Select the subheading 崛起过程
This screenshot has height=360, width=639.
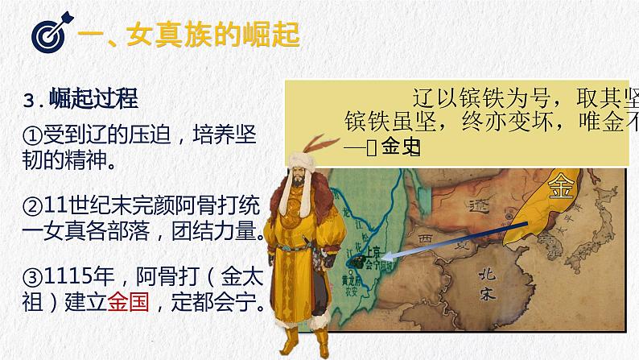[94, 100]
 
